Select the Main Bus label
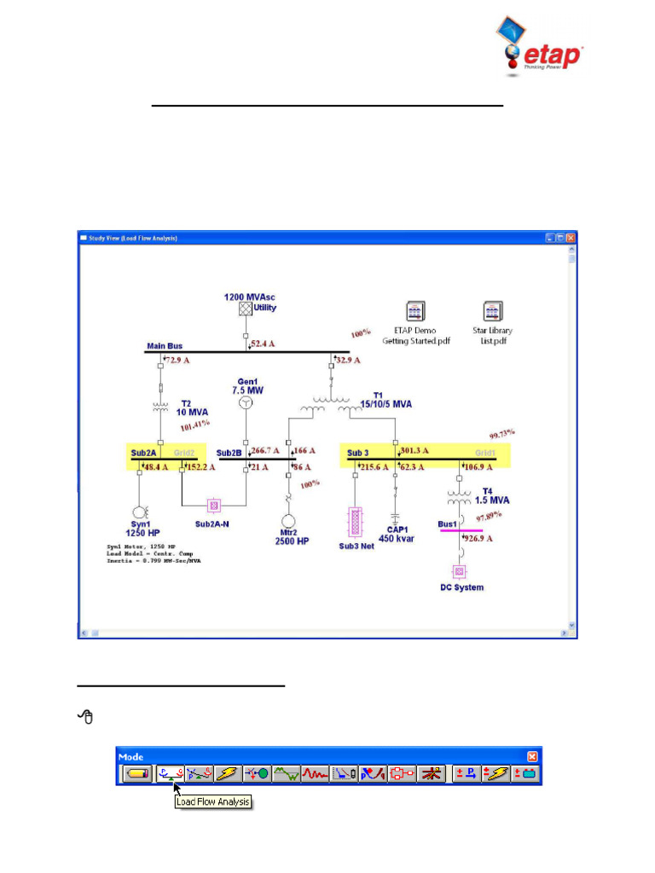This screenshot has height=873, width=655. click(165, 346)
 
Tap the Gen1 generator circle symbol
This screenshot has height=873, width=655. click(246, 403)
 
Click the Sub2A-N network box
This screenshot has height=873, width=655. click(214, 504)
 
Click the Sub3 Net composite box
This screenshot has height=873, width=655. click(356, 522)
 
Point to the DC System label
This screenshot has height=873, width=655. click(461, 587)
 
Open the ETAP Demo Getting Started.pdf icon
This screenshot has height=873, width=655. click(415, 310)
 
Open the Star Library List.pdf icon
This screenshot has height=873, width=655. click(492, 310)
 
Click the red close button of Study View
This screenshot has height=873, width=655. click(571, 238)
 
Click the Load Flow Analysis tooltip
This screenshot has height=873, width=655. click(213, 801)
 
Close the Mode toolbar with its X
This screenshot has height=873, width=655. click(532, 756)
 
